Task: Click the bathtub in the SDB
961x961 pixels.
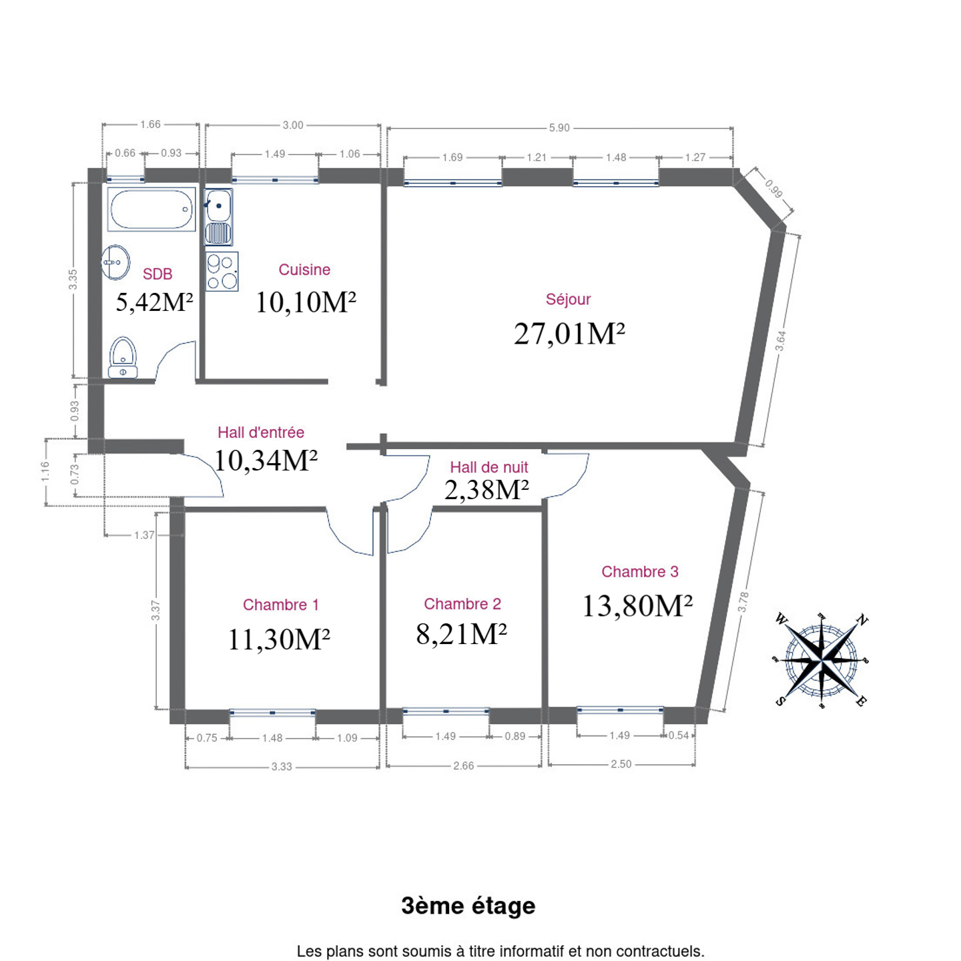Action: tap(151, 209)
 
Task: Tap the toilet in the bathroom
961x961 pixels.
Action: tap(123, 358)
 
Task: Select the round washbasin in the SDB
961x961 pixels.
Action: tap(115, 262)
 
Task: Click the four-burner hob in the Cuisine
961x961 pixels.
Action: tap(222, 272)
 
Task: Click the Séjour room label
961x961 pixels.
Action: tap(568, 299)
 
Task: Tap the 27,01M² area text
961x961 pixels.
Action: tap(569, 334)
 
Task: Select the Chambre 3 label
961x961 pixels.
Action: tap(640, 571)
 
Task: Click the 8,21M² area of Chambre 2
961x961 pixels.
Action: tap(461, 635)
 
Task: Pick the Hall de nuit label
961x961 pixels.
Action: tap(489, 467)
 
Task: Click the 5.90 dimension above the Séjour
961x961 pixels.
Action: tap(559, 127)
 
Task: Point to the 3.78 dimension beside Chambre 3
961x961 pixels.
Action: tap(743, 602)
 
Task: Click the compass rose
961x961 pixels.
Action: tap(822, 660)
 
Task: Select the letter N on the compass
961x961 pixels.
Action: tap(862, 620)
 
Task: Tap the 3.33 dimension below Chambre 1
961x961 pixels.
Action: tap(281, 767)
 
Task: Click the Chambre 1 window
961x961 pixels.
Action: tap(272, 713)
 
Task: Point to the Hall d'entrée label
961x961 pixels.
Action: tap(261, 432)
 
